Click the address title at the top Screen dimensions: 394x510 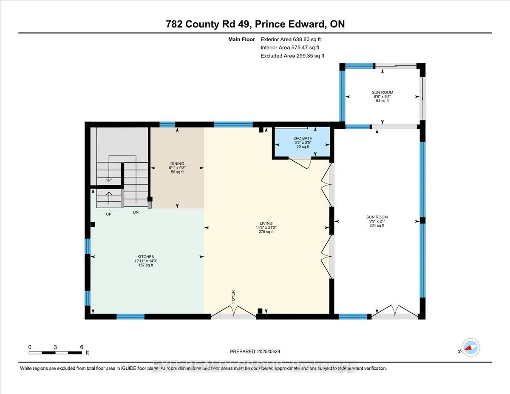(255, 24)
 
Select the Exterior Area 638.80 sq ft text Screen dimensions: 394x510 (293, 40)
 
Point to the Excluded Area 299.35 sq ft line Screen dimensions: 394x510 (292, 56)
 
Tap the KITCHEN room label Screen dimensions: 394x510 (145, 256)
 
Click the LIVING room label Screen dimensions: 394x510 (266, 224)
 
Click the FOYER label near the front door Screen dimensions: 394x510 (233, 297)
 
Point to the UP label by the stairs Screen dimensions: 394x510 (109, 214)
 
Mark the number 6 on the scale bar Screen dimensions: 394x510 (82, 347)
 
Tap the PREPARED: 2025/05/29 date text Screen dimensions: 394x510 (255, 351)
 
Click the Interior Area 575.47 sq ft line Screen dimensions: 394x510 (289, 48)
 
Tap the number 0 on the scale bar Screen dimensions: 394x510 (30, 347)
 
